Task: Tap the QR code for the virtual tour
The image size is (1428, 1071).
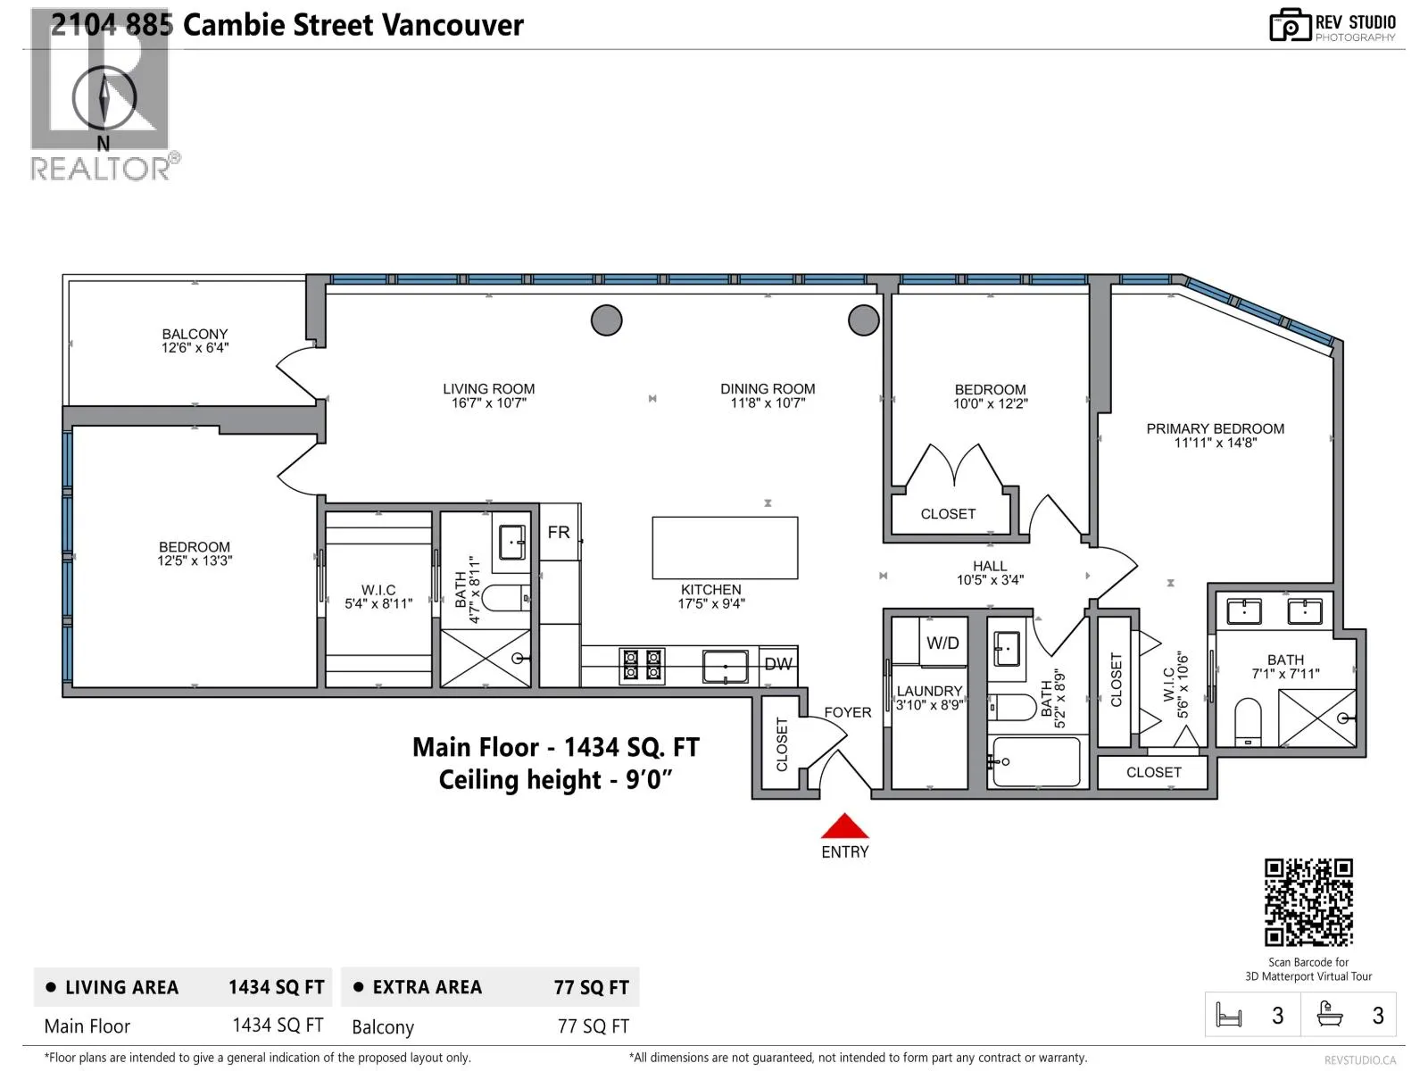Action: (1308, 902)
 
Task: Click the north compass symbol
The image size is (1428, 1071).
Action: (104, 97)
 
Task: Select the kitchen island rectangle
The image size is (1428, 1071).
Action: (725, 547)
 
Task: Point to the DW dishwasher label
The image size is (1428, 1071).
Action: (778, 664)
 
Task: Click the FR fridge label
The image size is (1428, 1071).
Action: (558, 532)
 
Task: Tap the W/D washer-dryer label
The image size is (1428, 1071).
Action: (942, 643)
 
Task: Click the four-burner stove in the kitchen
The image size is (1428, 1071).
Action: (642, 665)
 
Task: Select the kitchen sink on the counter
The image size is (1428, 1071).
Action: (726, 667)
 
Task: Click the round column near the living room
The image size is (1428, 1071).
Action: (606, 320)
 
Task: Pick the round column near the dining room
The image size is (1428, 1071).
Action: (863, 320)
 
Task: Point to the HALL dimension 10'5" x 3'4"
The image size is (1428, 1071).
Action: (990, 580)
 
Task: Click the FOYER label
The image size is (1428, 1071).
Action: (848, 712)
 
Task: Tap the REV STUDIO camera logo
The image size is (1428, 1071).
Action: (1290, 25)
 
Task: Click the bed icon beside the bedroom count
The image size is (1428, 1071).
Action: (1229, 1015)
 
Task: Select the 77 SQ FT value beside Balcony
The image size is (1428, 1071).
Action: (594, 1026)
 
